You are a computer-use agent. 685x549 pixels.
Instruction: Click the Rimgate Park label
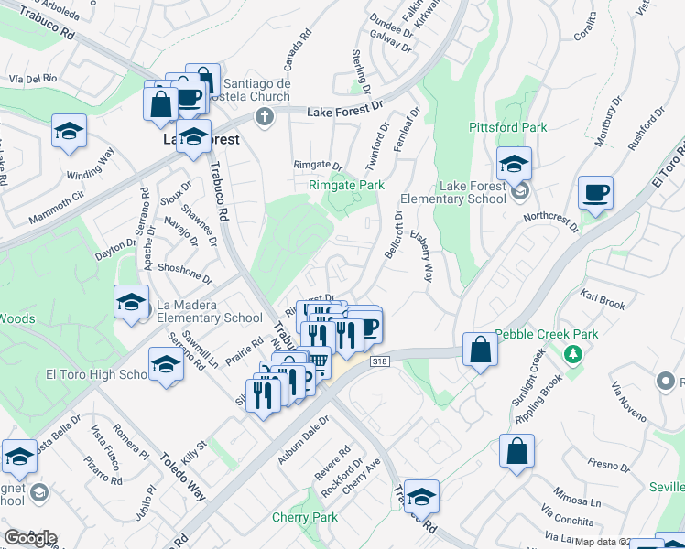point(345,185)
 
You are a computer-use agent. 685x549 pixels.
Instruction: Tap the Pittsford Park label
point(507,127)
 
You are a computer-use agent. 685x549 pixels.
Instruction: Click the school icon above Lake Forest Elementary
point(515,166)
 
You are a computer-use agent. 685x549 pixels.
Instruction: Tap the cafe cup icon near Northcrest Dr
point(595,192)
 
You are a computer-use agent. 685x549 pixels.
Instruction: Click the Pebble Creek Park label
point(546,334)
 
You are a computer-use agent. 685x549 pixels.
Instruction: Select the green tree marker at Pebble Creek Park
point(573,352)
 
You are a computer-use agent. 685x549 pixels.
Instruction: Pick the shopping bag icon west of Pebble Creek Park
point(481,350)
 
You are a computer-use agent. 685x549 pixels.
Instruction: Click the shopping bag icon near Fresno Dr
point(516,451)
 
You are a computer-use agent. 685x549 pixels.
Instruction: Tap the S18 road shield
point(381,362)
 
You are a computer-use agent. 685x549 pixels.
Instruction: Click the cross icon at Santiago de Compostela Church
point(264,116)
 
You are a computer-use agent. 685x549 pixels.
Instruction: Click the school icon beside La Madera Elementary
point(131,301)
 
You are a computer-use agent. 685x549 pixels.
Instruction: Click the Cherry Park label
point(305,517)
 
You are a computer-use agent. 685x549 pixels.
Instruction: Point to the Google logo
point(30,538)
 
